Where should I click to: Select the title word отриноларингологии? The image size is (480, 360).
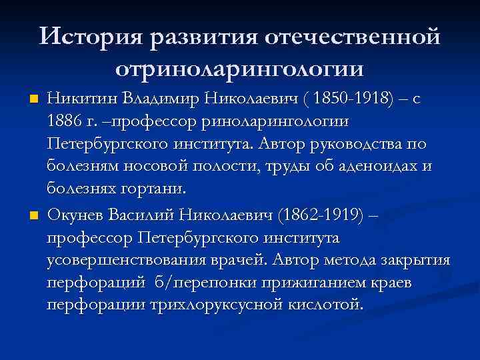coord(239,68)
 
